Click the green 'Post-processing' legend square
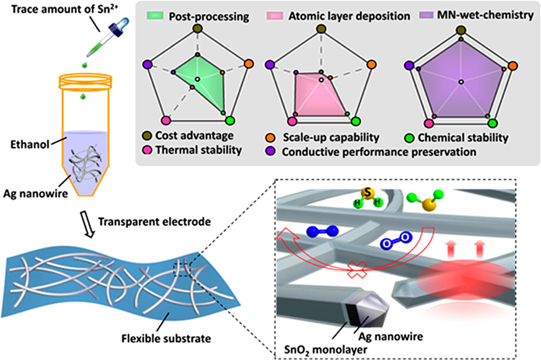157,16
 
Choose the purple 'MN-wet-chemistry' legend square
424,16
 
